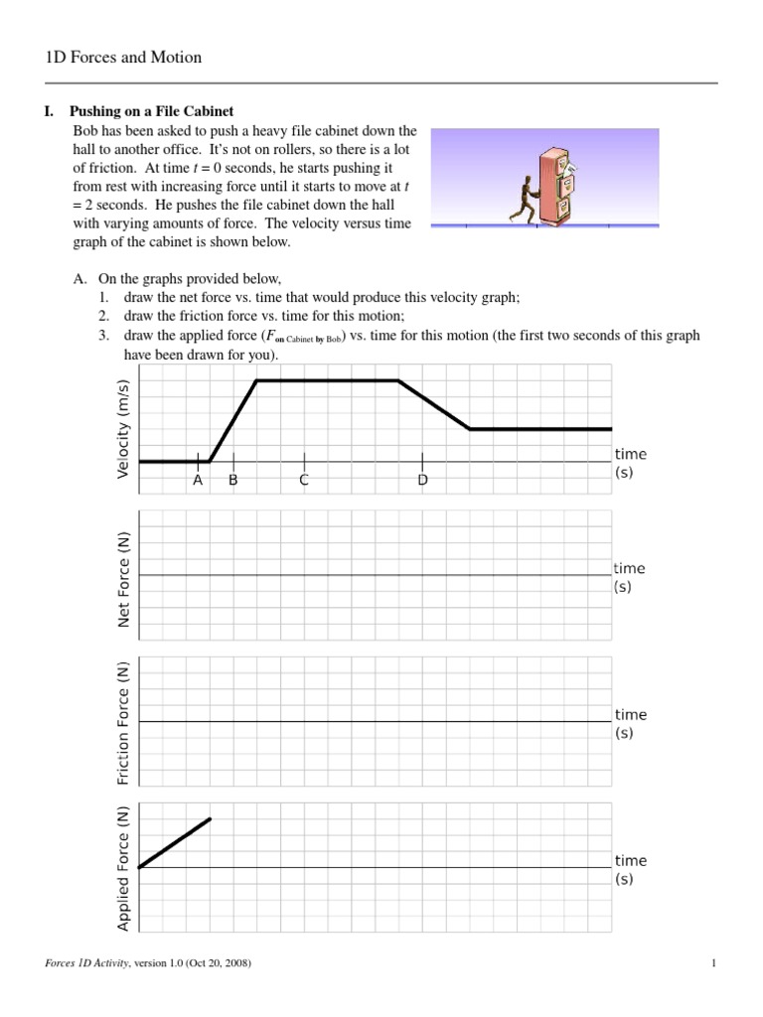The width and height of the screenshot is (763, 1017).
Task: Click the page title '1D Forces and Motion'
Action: pyautogui.click(x=123, y=58)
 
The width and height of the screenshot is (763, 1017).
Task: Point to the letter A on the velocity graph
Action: pyautogui.click(x=198, y=481)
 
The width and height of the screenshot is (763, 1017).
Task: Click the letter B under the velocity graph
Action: pyautogui.click(x=233, y=481)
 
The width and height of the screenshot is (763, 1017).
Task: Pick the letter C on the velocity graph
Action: pyautogui.click(x=304, y=481)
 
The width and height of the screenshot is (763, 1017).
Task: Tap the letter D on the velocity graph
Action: pyautogui.click(x=422, y=481)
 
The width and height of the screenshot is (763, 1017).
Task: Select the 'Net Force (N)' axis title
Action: pyautogui.click(x=124, y=579)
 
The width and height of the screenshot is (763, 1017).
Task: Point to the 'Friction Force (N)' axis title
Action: pyautogui.click(x=124, y=723)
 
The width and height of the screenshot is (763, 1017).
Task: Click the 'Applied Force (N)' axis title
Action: pyautogui.click(x=124, y=870)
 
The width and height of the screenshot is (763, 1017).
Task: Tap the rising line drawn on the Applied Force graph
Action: pyautogui.click(x=175, y=843)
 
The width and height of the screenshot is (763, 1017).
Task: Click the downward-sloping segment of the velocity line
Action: pyautogui.click(x=434, y=404)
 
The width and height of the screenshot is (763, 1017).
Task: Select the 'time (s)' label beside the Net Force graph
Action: pyautogui.click(x=629, y=577)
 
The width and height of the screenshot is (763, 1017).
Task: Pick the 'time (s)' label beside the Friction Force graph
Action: pyautogui.click(x=630, y=723)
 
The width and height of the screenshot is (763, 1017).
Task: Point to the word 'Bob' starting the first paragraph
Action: pyautogui.click(x=86, y=130)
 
